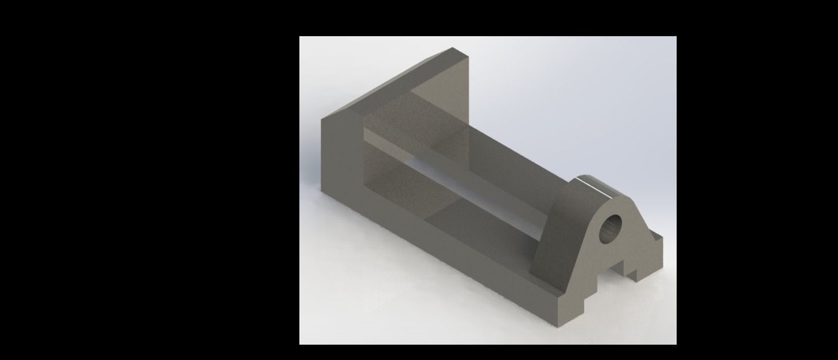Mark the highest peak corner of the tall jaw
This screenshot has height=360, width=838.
click(453, 48)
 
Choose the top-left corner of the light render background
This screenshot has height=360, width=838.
click(300, 37)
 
